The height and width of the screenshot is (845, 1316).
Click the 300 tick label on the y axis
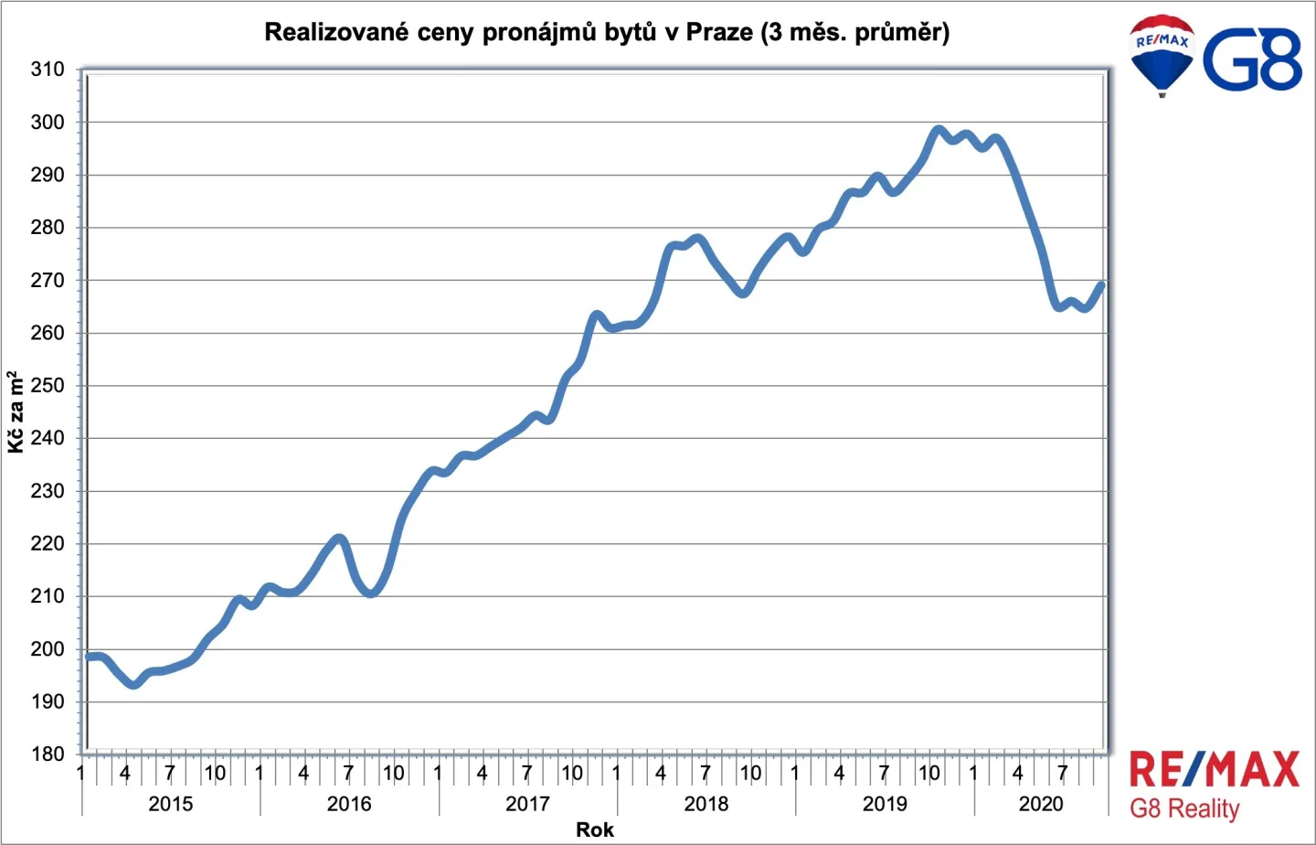pyautogui.click(x=47, y=123)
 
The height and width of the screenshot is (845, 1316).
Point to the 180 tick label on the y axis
pyautogui.click(x=47, y=754)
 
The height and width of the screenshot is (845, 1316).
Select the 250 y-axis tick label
pyautogui.click(x=47, y=386)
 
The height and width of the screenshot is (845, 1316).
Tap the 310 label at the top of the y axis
pyautogui.click(x=47, y=70)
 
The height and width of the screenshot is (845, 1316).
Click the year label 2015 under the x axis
pyautogui.click(x=170, y=804)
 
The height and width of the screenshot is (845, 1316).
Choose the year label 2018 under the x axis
pyautogui.click(x=706, y=804)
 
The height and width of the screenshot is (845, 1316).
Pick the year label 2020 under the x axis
pyautogui.click(x=1041, y=804)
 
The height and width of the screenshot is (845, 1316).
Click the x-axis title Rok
pyautogui.click(x=595, y=829)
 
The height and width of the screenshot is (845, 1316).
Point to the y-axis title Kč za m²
pyautogui.click(x=16, y=412)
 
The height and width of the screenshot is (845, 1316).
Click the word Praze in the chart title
pyautogui.click(x=719, y=32)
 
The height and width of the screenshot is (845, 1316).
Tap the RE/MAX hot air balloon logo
pyautogui.click(x=1162, y=55)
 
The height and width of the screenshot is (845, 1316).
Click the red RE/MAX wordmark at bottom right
pyautogui.click(x=1215, y=769)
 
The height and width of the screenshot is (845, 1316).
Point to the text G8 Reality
pyautogui.click(x=1184, y=809)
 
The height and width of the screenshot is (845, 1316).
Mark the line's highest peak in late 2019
pyautogui.click(x=939, y=129)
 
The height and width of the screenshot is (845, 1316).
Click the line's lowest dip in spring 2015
pyautogui.click(x=134, y=684)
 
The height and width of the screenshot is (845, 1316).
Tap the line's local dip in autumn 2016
pyautogui.click(x=370, y=593)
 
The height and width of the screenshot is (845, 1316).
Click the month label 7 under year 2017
pyautogui.click(x=527, y=772)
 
